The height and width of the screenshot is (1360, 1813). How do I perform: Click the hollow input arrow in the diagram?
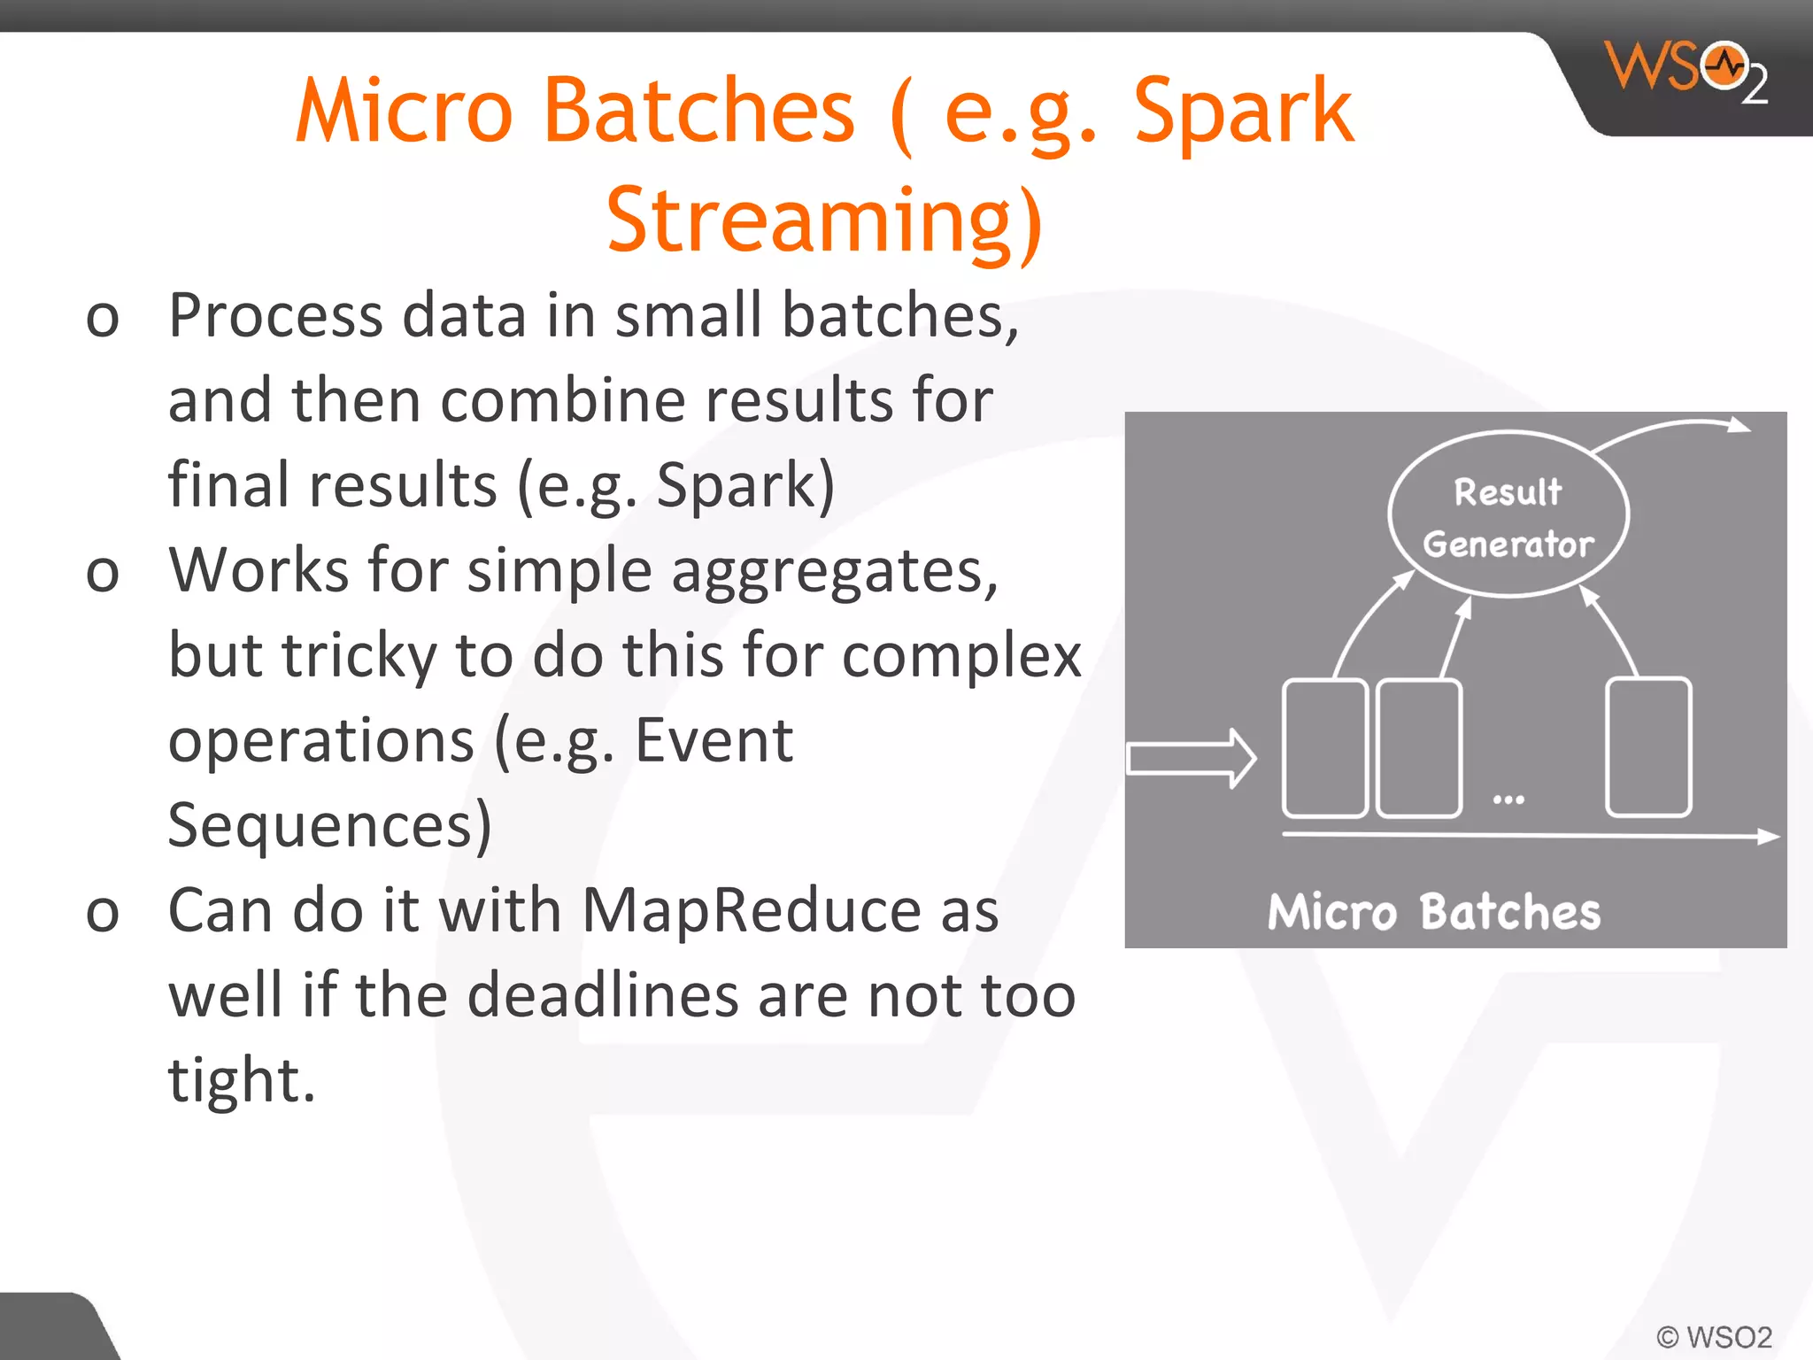(1192, 759)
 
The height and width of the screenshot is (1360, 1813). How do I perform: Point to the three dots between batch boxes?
(1508, 800)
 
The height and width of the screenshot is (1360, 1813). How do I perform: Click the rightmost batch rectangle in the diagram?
(1648, 747)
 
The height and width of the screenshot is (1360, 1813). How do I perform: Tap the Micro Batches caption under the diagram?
(1433, 913)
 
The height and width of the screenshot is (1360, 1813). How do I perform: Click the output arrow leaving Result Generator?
(1673, 430)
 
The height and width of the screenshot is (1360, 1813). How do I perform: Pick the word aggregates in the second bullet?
(834, 571)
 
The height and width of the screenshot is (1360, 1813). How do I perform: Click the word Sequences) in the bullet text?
(329, 825)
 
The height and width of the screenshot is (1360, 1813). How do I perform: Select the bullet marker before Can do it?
(103, 913)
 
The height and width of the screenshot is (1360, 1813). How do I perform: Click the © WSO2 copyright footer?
(1714, 1336)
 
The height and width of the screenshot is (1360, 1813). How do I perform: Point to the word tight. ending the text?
(242, 1081)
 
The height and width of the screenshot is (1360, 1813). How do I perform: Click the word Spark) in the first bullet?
(744, 485)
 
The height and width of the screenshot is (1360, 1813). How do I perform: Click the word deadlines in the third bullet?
(602, 995)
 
